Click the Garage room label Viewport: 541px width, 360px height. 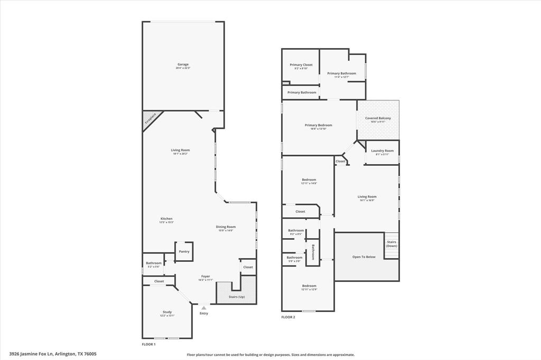(x=183, y=64)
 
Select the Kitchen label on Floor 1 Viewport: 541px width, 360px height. (x=166, y=219)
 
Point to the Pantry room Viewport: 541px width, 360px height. (x=184, y=251)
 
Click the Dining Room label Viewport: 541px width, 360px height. (x=226, y=227)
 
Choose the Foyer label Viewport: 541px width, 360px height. (x=206, y=276)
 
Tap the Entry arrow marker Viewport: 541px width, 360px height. (x=204, y=308)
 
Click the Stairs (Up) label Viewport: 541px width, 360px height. (x=236, y=297)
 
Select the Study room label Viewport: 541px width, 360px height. (x=167, y=312)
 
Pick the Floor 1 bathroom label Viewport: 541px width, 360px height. (x=154, y=263)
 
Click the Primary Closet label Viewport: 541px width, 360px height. (x=301, y=65)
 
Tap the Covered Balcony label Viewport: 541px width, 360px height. (x=378, y=118)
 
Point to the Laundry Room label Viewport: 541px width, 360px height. (x=382, y=151)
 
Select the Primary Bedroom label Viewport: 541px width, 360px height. (x=318, y=125)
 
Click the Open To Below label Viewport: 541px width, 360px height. (x=364, y=257)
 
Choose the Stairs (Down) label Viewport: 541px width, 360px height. (x=391, y=244)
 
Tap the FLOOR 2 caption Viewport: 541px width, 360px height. (x=288, y=317)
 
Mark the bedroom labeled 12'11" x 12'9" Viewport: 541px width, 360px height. (x=309, y=286)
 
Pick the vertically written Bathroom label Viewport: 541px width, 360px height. (x=313, y=252)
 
